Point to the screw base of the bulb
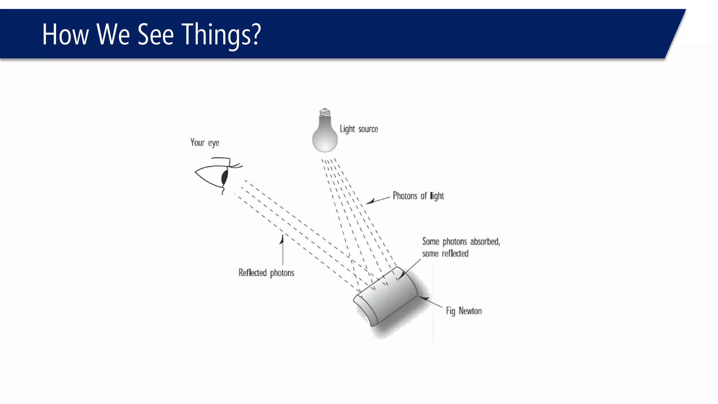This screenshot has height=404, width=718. pos(325,113)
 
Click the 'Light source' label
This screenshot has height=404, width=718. pos(359,129)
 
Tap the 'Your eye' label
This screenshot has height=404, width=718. pos(205,143)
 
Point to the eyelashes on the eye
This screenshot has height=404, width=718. pos(236,164)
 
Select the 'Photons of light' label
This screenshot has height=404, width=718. pos(418,196)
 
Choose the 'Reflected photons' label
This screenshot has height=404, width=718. pos(266,273)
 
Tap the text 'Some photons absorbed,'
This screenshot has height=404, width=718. pos(461,242)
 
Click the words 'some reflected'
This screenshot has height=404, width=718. pos(445,254)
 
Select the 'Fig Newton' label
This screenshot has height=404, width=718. pos(463,311)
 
